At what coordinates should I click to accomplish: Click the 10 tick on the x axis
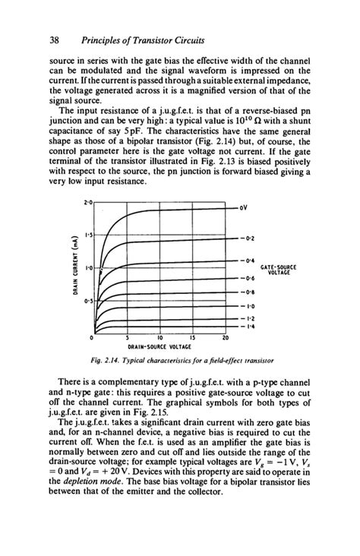[x=160, y=338]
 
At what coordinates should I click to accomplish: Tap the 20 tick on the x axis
[x=226, y=338]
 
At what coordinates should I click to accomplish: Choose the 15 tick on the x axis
[x=193, y=338]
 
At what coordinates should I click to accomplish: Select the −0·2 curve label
[x=247, y=238]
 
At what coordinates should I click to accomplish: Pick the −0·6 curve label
[x=247, y=278]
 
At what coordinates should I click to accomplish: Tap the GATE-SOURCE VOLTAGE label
[x=278, y=270]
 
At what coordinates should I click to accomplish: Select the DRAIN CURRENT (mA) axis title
[x=74, y=266]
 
